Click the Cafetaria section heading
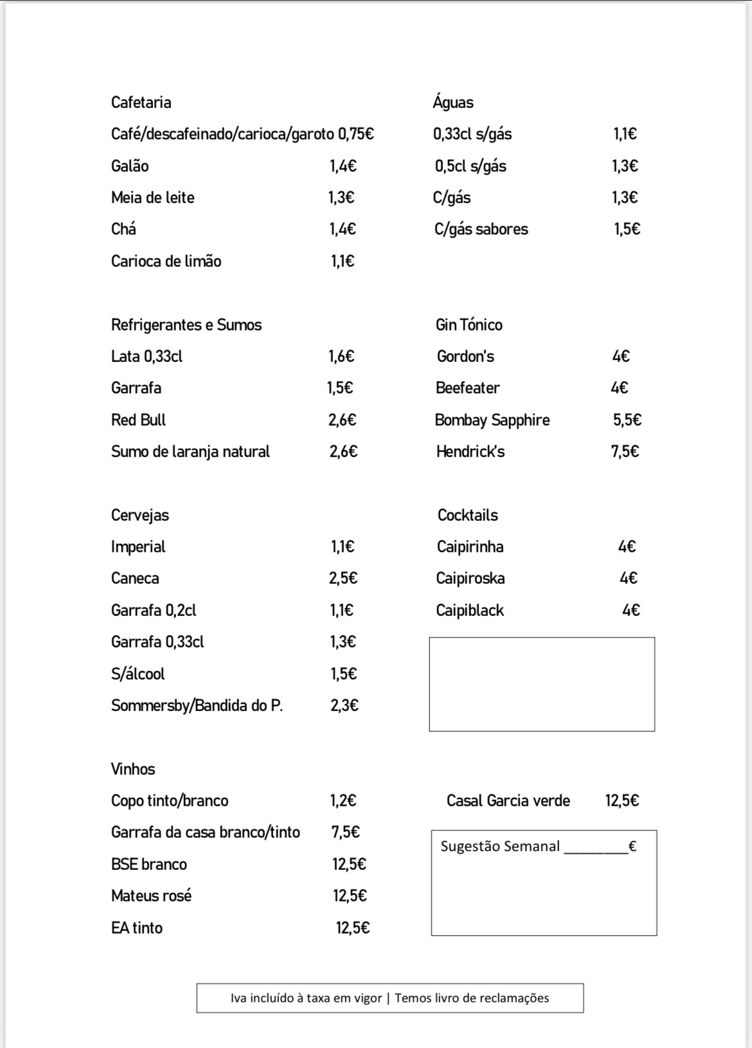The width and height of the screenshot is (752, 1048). point(141,102)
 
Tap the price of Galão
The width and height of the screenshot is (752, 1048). point(343,166)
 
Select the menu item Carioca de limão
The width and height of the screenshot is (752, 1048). point(166,261)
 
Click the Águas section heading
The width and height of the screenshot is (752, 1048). point(453,102)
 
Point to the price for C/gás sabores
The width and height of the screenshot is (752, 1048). point(627,229)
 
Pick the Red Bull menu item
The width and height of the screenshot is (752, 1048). point(138,420)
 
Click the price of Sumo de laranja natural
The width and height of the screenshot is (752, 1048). point(343,451)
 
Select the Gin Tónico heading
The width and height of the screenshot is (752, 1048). point(469,325)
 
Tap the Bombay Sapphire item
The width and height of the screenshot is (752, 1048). point(492,420)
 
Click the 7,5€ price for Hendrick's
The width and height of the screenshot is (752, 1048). point(625,451)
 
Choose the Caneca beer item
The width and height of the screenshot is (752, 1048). point(135,578)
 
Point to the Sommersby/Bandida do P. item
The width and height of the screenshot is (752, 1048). point(197,705)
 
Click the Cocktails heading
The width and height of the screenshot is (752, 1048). point(467,515)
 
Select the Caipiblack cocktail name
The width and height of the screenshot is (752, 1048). point(470,610)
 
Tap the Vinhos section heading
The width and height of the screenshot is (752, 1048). point(133,769)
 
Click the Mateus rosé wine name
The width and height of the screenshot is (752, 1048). point(151,896)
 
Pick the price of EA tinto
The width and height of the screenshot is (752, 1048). point(352,928)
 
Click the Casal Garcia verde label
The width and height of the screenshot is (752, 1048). point(508,800)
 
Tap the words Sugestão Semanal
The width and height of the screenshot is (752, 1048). point(500,846)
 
